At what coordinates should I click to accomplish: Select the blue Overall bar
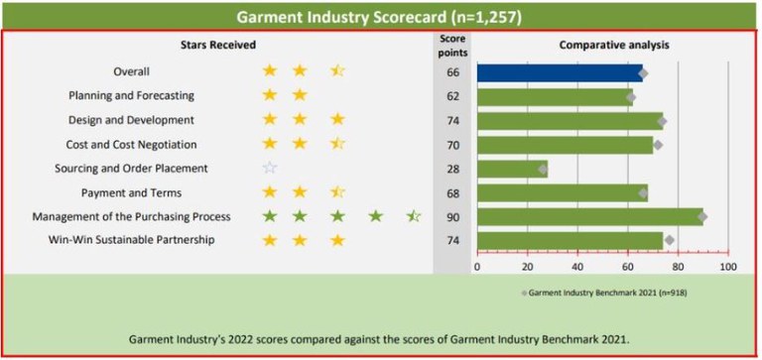pyautogui.click(x=560, y=72)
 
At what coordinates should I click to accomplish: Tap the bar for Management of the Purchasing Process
pyautogui.click(x=589, y=216)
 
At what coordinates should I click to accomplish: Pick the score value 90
pyautogui.click(x=452, y=216)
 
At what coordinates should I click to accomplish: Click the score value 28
pyautogui.click(x=452, y=169)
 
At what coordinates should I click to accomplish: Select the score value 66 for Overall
pyautogui.click(x=452, y=72)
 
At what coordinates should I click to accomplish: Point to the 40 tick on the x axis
pyautogui.click(x=577, y=266)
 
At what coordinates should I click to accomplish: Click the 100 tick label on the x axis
pyautogui.click(x=727, y=266)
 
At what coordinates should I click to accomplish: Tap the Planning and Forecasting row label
pyautogui.click(x=131, y=96)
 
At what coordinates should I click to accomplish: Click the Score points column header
pyautogui.click(x=452, y=45)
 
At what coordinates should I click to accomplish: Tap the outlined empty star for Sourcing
pyautogui.click(x=270, y=169)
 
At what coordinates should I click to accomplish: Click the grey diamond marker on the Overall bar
pyautogui.click(x=643, y=73)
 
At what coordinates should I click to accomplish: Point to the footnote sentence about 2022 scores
pyautogui.click(x=380, y=338)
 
